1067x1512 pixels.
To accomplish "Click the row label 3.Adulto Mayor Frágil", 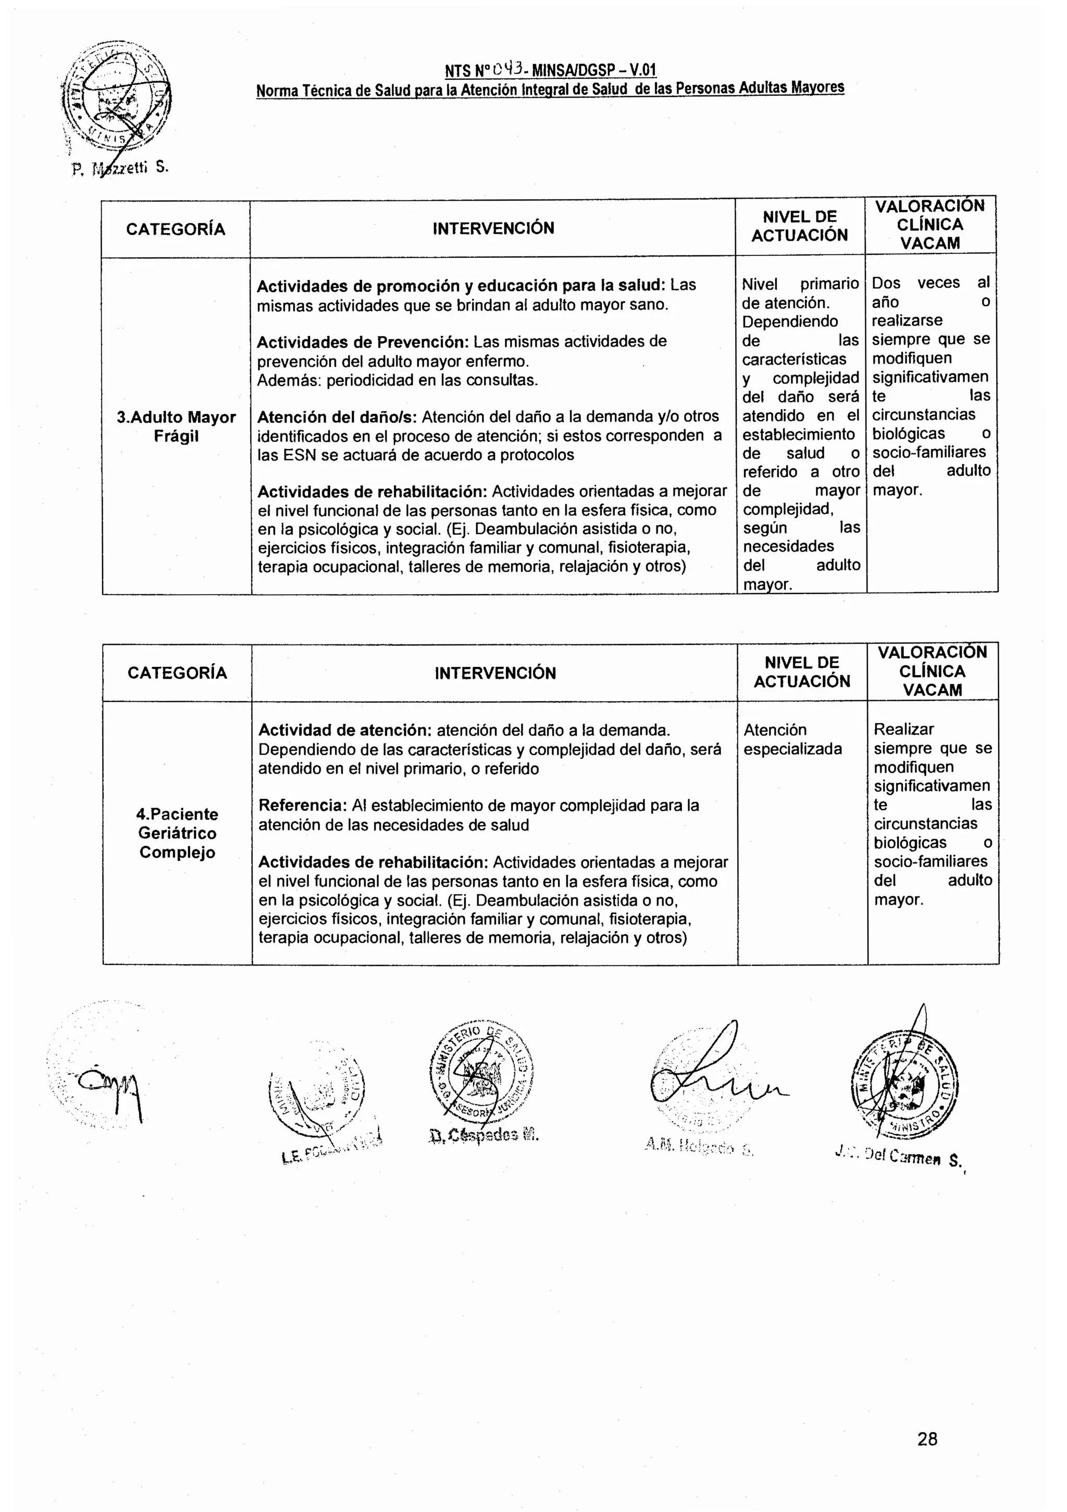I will (176, 427).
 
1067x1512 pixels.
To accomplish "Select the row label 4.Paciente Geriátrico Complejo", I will (177, 833).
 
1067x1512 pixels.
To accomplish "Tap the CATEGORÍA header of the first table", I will (176, 229).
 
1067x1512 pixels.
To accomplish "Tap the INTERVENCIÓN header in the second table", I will (494, 673).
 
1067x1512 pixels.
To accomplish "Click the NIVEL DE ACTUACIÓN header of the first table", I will (800, 226).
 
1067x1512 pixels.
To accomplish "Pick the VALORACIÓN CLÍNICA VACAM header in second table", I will (932, 671).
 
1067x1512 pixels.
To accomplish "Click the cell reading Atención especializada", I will (792, 739).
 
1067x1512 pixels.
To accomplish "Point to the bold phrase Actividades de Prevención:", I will (362, 342).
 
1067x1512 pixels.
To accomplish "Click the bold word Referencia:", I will (302, 805).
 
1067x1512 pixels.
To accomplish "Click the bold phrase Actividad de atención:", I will (344, 730).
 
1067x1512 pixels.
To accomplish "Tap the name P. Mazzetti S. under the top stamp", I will (120, 169).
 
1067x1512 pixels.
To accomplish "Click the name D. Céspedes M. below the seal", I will (483, 1135).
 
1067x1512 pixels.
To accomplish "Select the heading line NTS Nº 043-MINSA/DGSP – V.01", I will (550, 70).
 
